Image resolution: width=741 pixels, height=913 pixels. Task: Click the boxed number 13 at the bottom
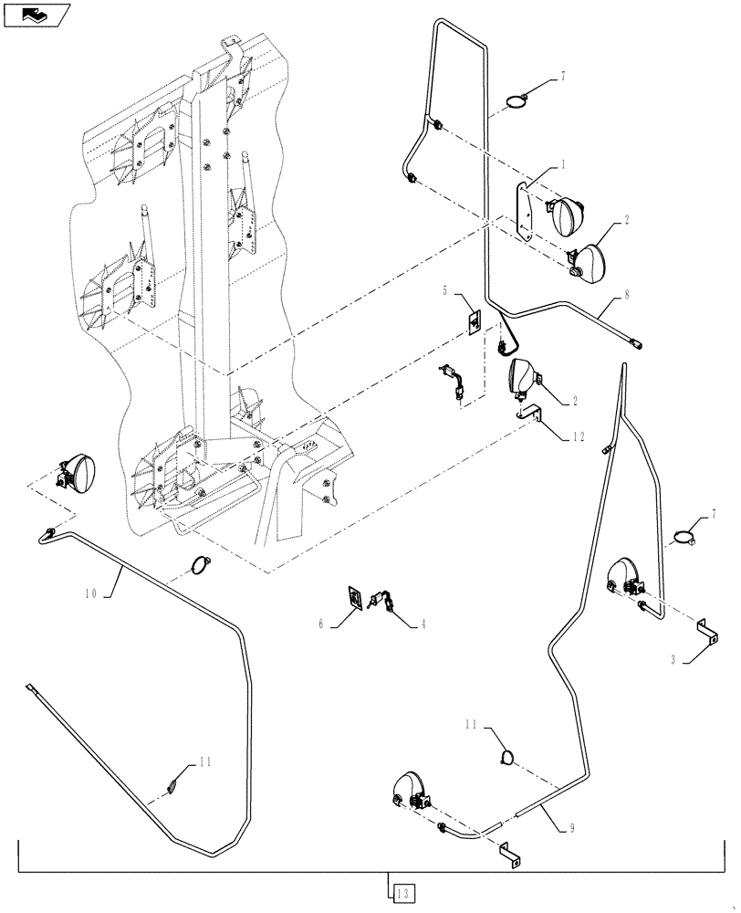pos(402,891)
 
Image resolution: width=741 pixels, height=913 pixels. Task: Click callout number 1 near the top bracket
pos(563,165)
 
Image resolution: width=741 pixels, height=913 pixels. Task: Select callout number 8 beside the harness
pos(627,295)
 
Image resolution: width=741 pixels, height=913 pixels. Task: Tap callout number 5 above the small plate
pos(445,291)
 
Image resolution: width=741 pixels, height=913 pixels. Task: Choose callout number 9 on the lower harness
pos(571,829)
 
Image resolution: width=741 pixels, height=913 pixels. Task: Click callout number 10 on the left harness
pos(89,593)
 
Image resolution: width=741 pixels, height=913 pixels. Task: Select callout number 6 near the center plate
pos(321,624)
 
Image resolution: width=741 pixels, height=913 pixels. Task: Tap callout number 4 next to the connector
pos(423,624)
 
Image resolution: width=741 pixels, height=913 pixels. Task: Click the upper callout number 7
pos(563,76)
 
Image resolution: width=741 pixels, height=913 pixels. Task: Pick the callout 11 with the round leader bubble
pos(472,724)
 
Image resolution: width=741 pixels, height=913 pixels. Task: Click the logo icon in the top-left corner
pos(36,14)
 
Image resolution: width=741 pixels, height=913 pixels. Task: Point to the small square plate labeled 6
pos(355,598)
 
